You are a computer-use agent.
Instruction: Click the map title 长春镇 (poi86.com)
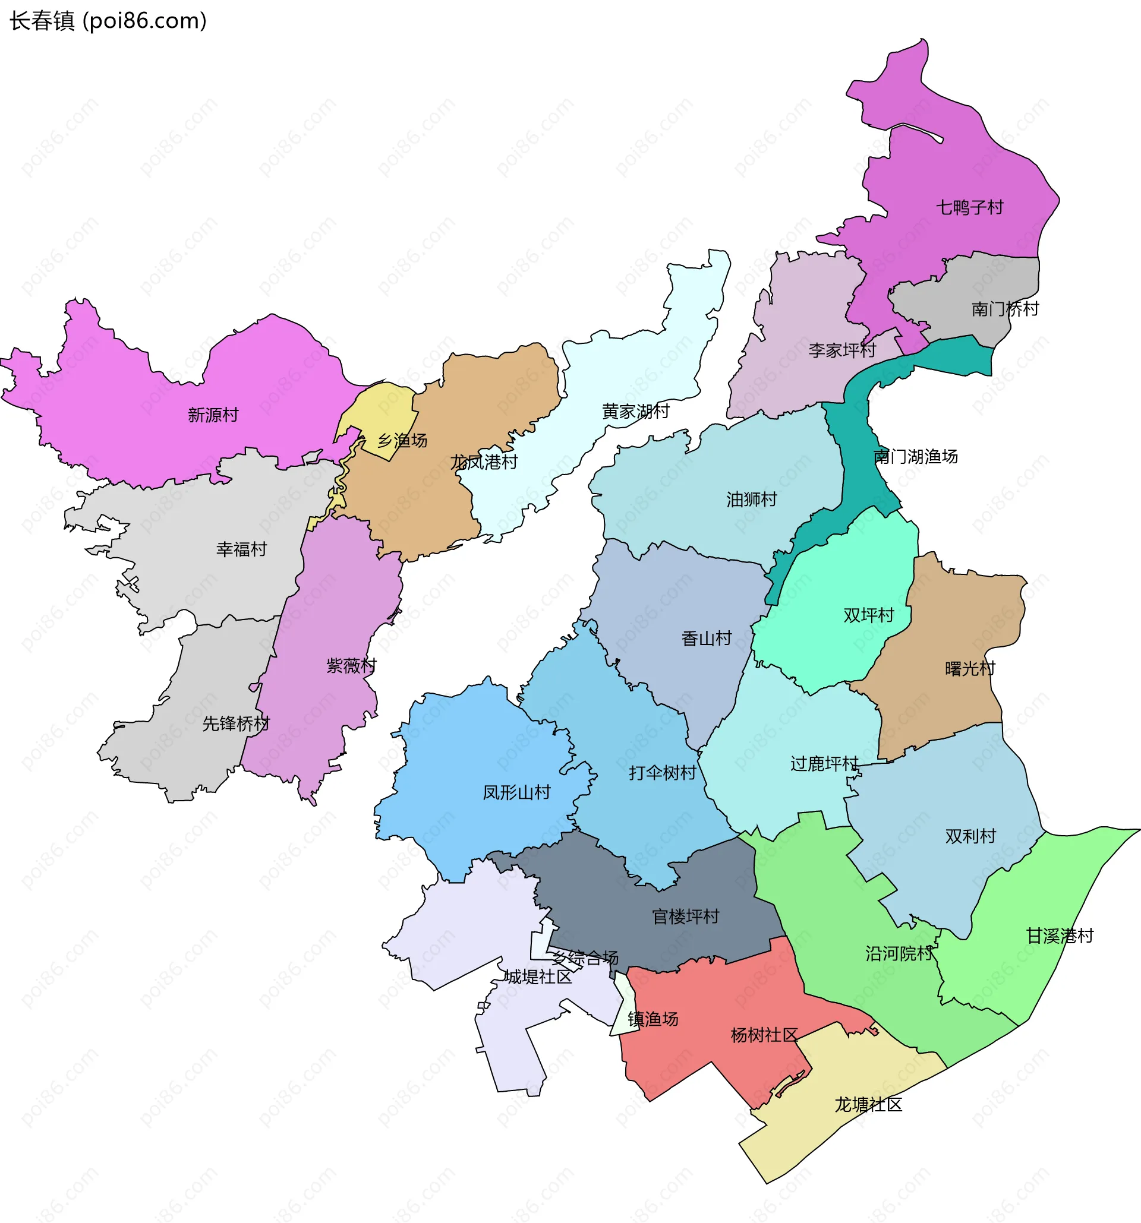[108, 21]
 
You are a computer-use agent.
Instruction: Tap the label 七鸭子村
[969, 207]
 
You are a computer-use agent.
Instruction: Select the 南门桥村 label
[1005, 309]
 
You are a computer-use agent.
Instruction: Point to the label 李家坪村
[841, 350]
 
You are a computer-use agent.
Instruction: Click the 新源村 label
[213, 415]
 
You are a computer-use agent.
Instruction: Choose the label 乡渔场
[402, 441]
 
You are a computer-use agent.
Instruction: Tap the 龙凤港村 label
[484, 462]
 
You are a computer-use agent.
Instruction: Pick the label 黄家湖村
[635, 412]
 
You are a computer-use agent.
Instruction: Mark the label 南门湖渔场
[915, 456]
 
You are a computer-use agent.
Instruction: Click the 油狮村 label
[751, 499]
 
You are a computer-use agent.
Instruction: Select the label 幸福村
[241, 549]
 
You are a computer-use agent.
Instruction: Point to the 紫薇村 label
[351, 666]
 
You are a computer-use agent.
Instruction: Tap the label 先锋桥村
[236, 724]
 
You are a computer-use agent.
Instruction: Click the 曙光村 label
[970, 669]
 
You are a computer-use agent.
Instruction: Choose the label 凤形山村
[516, 792]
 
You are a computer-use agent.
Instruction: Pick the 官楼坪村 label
[686, 917]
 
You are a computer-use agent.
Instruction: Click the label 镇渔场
[653, 1019]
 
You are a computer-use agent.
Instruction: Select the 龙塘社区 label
[868, 1105]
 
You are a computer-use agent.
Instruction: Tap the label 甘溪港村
[1060, 936]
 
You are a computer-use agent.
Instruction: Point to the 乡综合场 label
[585, 958]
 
